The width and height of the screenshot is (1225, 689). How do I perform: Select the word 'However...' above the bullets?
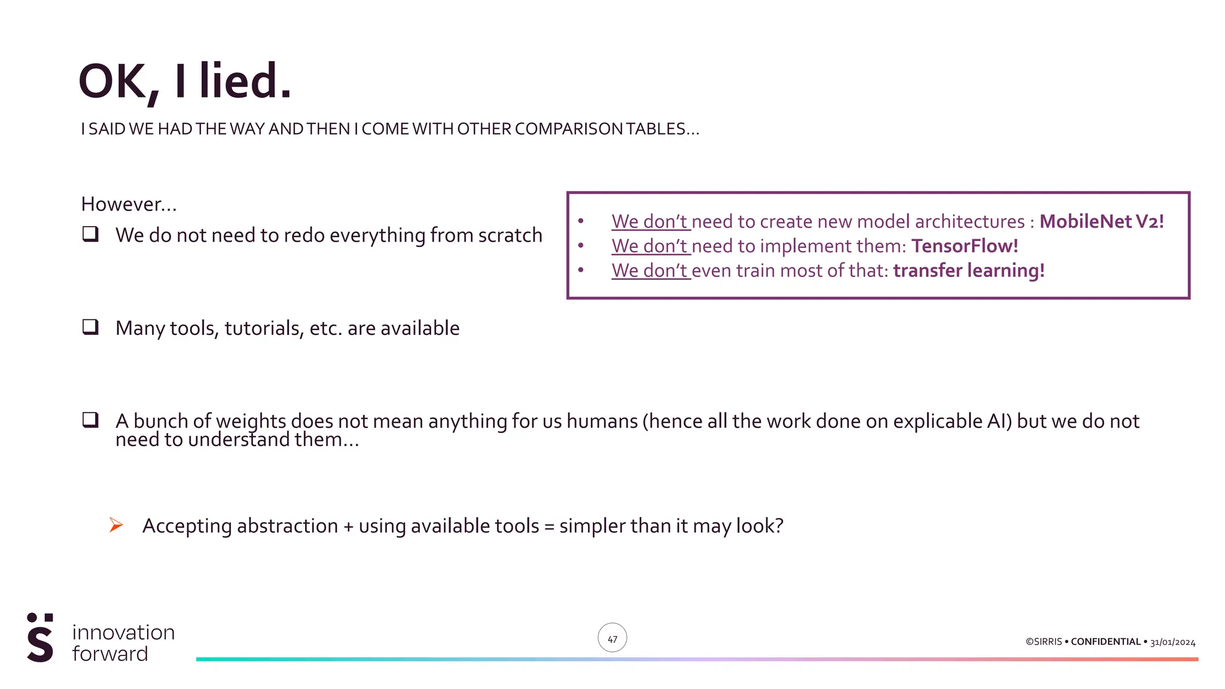129,205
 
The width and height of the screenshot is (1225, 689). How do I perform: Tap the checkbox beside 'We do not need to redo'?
90,234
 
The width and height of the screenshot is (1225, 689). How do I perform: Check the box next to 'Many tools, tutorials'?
90,327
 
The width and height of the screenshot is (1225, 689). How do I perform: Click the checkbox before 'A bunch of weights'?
90,419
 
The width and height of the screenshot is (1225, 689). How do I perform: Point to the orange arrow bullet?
116,525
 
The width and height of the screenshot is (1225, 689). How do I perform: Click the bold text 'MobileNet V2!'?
1101,221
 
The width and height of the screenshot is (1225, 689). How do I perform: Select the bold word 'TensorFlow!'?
964,246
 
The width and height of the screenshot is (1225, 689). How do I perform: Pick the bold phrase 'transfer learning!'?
968,270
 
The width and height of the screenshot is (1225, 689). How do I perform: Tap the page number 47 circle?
612,638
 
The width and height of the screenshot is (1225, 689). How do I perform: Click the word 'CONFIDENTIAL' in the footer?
1105,642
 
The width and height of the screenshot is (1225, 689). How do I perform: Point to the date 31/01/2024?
1172,642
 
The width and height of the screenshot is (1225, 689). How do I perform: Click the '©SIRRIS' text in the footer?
1044,642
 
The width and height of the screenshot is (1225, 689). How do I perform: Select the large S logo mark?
40,638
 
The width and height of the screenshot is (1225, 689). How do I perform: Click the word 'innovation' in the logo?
123,632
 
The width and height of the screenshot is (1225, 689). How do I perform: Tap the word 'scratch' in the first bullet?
510,235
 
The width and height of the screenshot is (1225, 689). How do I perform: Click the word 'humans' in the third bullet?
602,421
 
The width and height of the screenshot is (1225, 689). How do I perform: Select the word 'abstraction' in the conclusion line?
287,526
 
